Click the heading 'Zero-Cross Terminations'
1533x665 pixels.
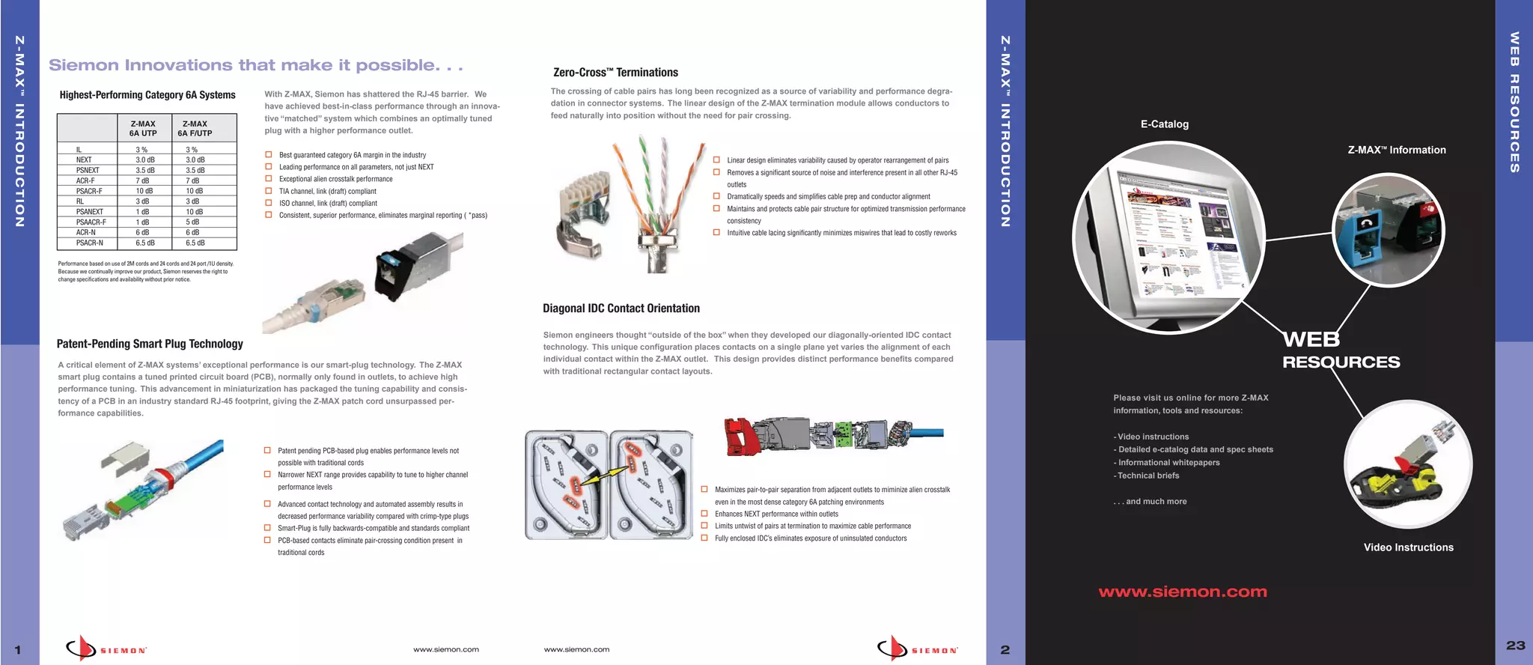615,73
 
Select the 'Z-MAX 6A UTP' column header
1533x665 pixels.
143,129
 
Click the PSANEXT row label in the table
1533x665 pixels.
89,212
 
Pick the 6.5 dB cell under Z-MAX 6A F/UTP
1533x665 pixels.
195,243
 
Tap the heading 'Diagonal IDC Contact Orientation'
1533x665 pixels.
621,309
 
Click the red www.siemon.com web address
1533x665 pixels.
1182,592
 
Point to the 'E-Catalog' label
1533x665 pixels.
1164,124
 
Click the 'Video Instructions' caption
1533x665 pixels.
1408,547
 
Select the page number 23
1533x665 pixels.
1515,646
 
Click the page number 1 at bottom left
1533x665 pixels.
18,650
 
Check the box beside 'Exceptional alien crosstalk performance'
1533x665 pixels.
269,179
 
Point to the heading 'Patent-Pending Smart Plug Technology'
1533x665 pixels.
150,344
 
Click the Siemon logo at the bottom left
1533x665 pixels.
106,649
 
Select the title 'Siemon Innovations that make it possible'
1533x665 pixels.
255,66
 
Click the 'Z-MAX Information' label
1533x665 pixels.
1396,150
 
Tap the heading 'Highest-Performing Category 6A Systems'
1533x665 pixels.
147,95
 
